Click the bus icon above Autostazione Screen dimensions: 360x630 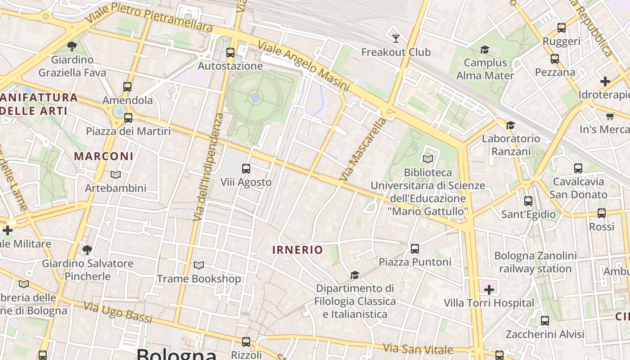(x=230, y=53)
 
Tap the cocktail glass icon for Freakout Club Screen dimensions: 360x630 (x=396, y=39)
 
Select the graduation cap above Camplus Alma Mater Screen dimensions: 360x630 (x=485, y=49)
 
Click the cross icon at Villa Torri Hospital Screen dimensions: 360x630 (x=489, y=290)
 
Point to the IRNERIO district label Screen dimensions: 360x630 (x=297, y=250)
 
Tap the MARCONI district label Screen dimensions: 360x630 (x=103, y=157)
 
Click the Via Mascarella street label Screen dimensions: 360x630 (x=363, y=149)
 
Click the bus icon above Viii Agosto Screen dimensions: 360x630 (x=246, y=169)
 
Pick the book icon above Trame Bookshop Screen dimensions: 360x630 (x=198, y=265)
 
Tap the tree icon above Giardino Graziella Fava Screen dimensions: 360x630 (x=72, y=46)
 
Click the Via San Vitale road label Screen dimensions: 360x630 (x=418, y=349)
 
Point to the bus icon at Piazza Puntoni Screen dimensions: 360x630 (x=415, y=248)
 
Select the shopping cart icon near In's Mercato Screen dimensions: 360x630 (x=610, y=116)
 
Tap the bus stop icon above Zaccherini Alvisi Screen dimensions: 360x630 (x=545, y=321)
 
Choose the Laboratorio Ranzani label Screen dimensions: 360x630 (x=511, y=145)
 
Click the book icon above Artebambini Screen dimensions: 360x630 (x=116, y=175)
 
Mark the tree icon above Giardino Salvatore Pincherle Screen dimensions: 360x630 (x=87, y=249)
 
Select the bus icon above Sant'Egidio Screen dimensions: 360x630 (x=528, y=201)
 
